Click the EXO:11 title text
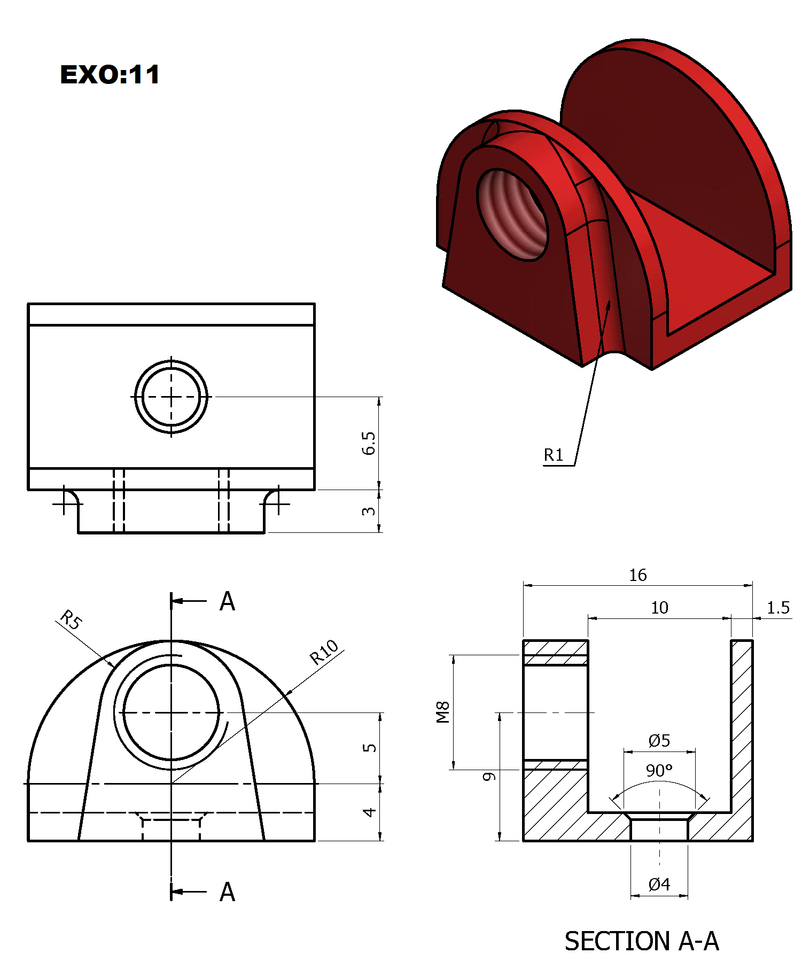(110, 74)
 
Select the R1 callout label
(554, 455)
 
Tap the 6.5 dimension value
(368, 443)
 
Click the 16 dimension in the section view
(637, 576)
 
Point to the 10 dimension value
(659, 608)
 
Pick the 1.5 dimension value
(778, 608)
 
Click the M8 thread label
(443, 712)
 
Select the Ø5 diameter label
(659, 741)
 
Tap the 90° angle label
(659, 771)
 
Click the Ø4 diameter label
(659, 885)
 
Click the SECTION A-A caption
(641, 941)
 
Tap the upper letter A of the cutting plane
(227, 602)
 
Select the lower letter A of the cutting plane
(227, 892)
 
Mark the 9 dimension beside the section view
(489, 777)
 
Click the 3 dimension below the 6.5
(368, 511)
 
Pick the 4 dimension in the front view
(369, 812)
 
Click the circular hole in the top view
(171, 397)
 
